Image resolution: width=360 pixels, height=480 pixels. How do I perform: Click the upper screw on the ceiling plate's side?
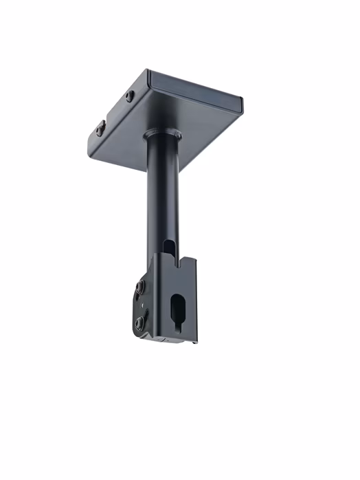click(130, 96)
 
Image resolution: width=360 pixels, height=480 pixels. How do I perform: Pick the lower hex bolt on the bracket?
click(139, 323)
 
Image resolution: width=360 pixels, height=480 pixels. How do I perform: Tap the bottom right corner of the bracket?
click(197, 342)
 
